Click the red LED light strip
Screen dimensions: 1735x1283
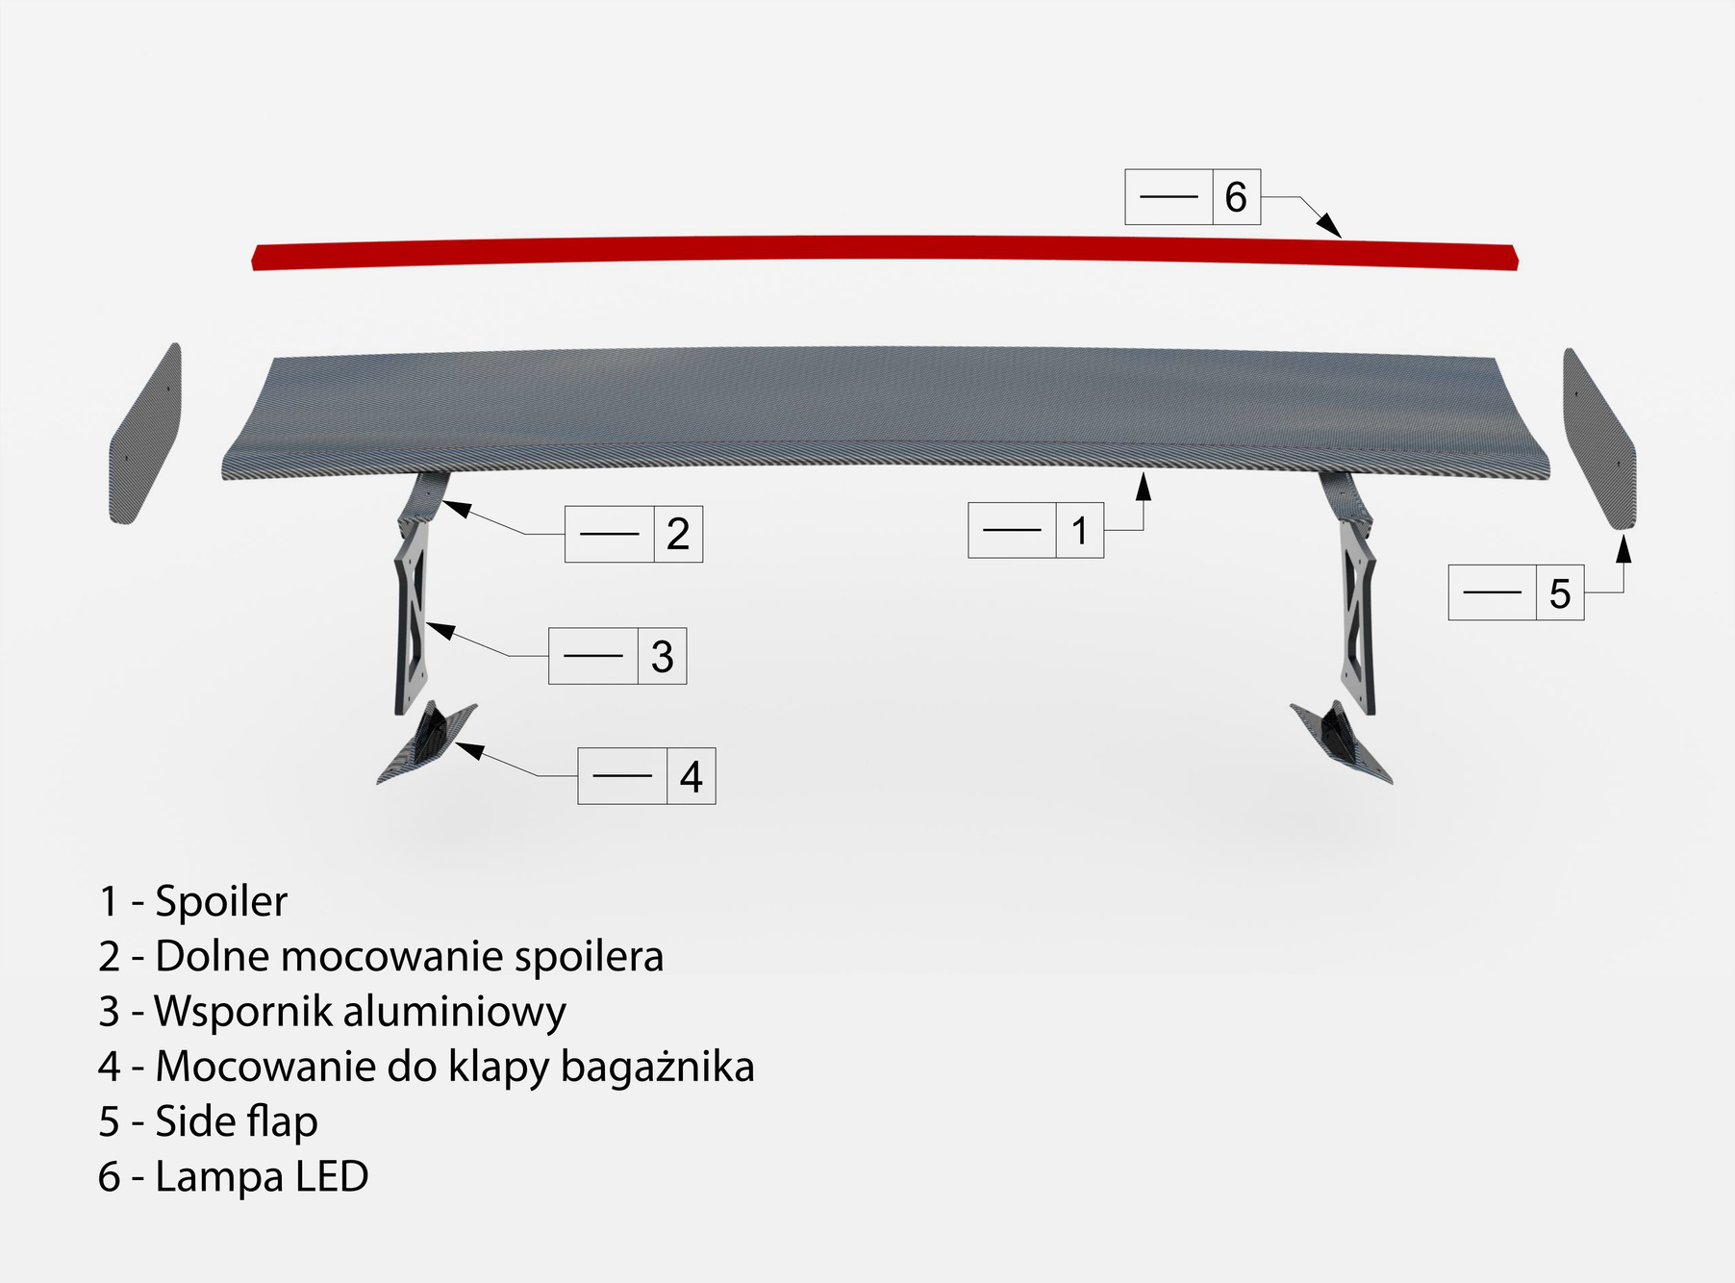coord(885,253)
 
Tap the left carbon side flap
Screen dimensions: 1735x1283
coord(145,435)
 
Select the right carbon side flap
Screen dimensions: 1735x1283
coord(1598,439)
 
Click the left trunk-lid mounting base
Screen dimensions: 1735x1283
coord(427,742)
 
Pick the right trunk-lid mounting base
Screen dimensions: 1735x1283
coord(1341,742)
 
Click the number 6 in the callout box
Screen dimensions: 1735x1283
coord(1236,198)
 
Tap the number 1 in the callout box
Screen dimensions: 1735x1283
coord(1080,531)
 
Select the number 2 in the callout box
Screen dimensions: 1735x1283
coord(678,535)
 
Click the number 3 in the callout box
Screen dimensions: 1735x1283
coord(662,657)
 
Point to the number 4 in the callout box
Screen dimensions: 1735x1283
coord(691,777)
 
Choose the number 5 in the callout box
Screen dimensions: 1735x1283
coord(1560,594)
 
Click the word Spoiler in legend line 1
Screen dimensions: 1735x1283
coord(221,902)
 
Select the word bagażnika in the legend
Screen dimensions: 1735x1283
coord(658,1068)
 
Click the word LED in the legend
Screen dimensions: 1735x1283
coord(332,1176)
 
